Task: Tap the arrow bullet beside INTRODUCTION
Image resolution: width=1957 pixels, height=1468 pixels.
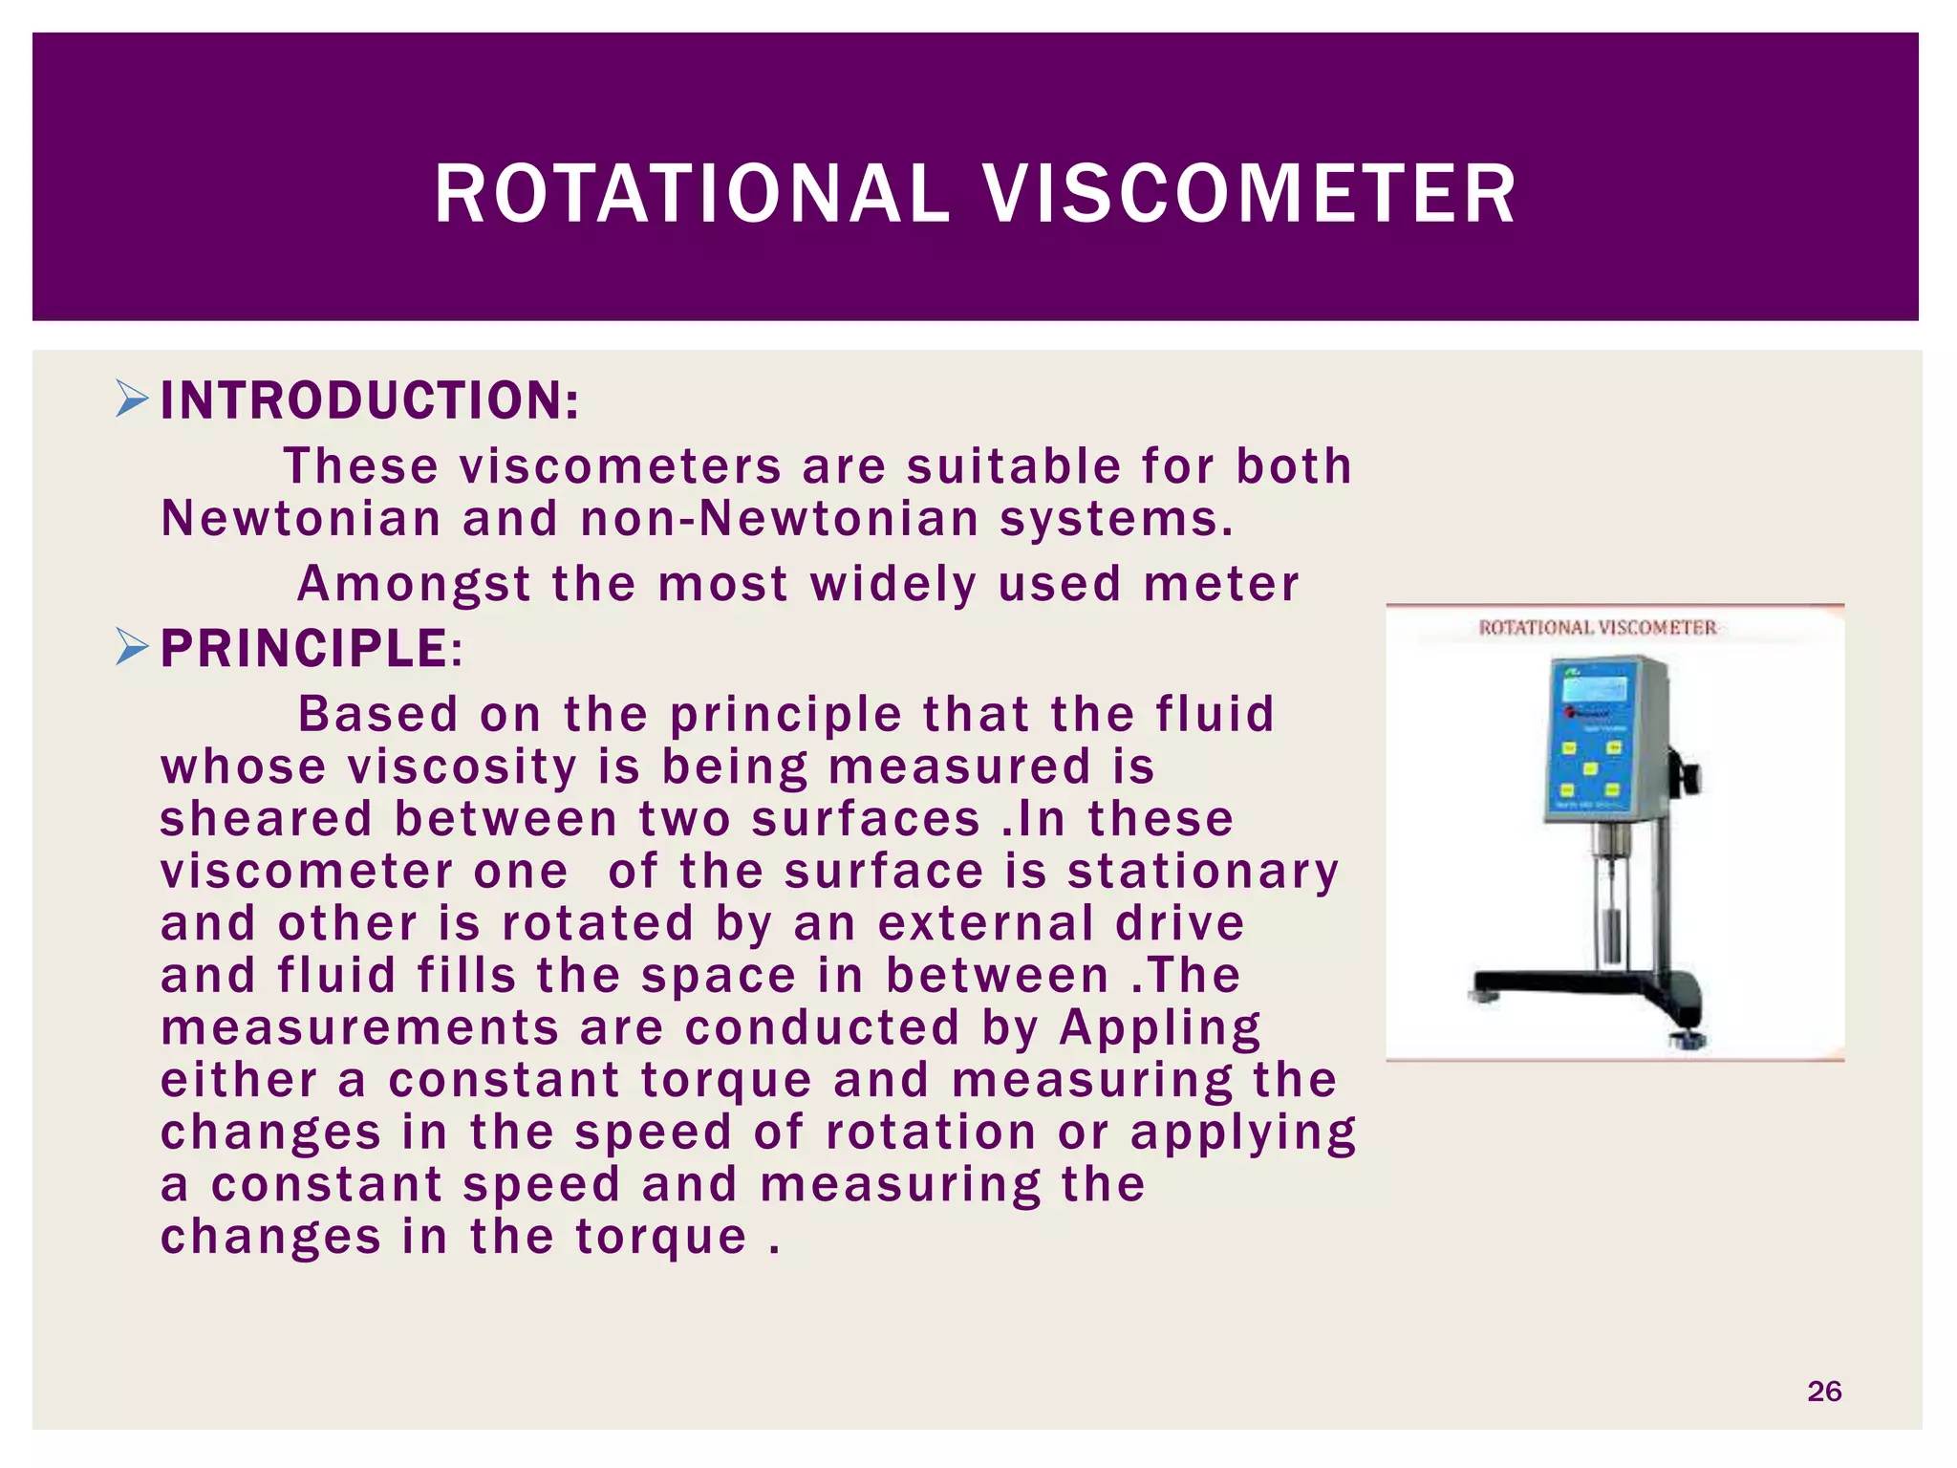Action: point(132,399)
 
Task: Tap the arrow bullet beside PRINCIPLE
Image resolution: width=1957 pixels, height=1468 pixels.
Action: point(132,647)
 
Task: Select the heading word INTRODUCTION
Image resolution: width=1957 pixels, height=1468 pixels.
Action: point(369,400)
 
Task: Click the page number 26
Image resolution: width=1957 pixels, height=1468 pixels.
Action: point(1823,1391)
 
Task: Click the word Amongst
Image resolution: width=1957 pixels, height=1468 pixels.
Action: point(413,584)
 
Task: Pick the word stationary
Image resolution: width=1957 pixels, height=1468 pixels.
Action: point(1203,872)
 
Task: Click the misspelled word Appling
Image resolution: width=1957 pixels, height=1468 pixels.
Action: point(1159,1028)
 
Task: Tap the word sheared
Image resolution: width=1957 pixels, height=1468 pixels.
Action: point(266,820)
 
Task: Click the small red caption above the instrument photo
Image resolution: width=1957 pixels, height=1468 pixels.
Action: point(1597,628)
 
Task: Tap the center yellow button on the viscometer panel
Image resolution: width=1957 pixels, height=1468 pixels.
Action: point(1590,768)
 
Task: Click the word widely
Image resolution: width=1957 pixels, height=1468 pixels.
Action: point(893,584)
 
